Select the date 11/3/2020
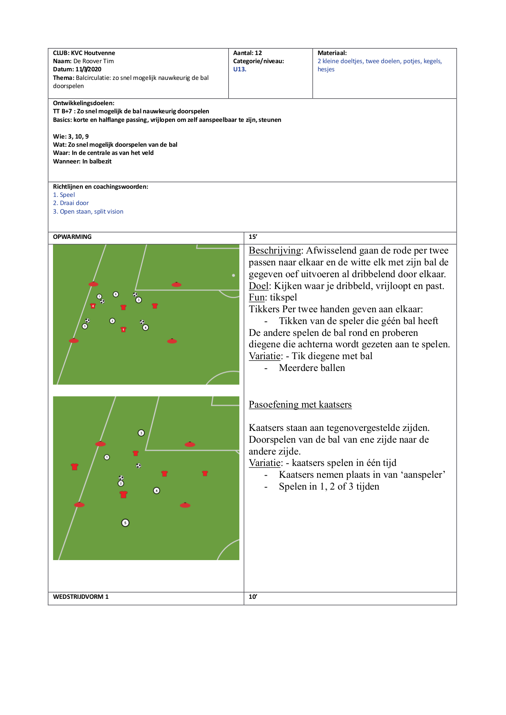click(88, 69)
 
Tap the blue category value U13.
click(240, 69)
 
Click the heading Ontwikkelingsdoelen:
click(84, 103)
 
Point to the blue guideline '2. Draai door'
click(71, 203)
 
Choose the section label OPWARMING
click(72, 237)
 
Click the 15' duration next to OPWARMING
click(253, 237)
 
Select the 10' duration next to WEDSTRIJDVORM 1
click(253, 597)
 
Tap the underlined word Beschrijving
click(275, 251)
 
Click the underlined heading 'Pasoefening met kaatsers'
click(300, 404)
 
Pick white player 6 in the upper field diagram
click(116, 294)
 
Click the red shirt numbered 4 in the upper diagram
click(93, 306)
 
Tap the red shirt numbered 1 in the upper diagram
click(124, 329)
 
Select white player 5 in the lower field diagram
click(125, 523)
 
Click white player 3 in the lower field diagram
click(141, 433)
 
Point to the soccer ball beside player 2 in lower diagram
click(121, 478)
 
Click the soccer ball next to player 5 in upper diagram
click(87, 321)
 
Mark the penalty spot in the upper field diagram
click(234, 275)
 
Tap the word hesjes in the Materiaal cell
click(326, 69)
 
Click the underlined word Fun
click(257, 298)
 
